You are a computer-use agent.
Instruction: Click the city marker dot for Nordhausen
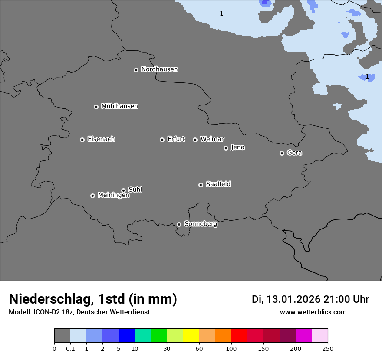click(x=136, y=70)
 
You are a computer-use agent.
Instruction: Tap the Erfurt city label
click(x=176, y=139)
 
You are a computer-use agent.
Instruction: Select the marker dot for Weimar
click(x=195, y=140)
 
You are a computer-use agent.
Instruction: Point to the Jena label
click(x=237, y=147)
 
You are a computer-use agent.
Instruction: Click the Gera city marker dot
click(x=282, y=153)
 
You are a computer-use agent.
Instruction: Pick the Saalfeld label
click(x=218, y=184)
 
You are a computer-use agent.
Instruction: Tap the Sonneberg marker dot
click(x=179, y=224)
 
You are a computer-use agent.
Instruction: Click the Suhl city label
click(x=135, y=190)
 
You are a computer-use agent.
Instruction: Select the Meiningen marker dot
click(x=92, y=196)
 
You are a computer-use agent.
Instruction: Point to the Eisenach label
click(x=101, y=139)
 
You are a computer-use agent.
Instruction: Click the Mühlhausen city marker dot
click(x=96, y=107)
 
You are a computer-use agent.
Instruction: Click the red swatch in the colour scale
click(x=239, y=336)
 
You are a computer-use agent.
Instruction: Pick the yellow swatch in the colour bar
click(x=191, y=336)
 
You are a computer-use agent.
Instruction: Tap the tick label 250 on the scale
click(x=328, y=349)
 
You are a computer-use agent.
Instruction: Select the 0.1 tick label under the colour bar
click(x=70, y=349)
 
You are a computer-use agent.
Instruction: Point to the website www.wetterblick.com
click(x=313, y=312)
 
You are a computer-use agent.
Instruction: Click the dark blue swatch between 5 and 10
click(x=126, y=336)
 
